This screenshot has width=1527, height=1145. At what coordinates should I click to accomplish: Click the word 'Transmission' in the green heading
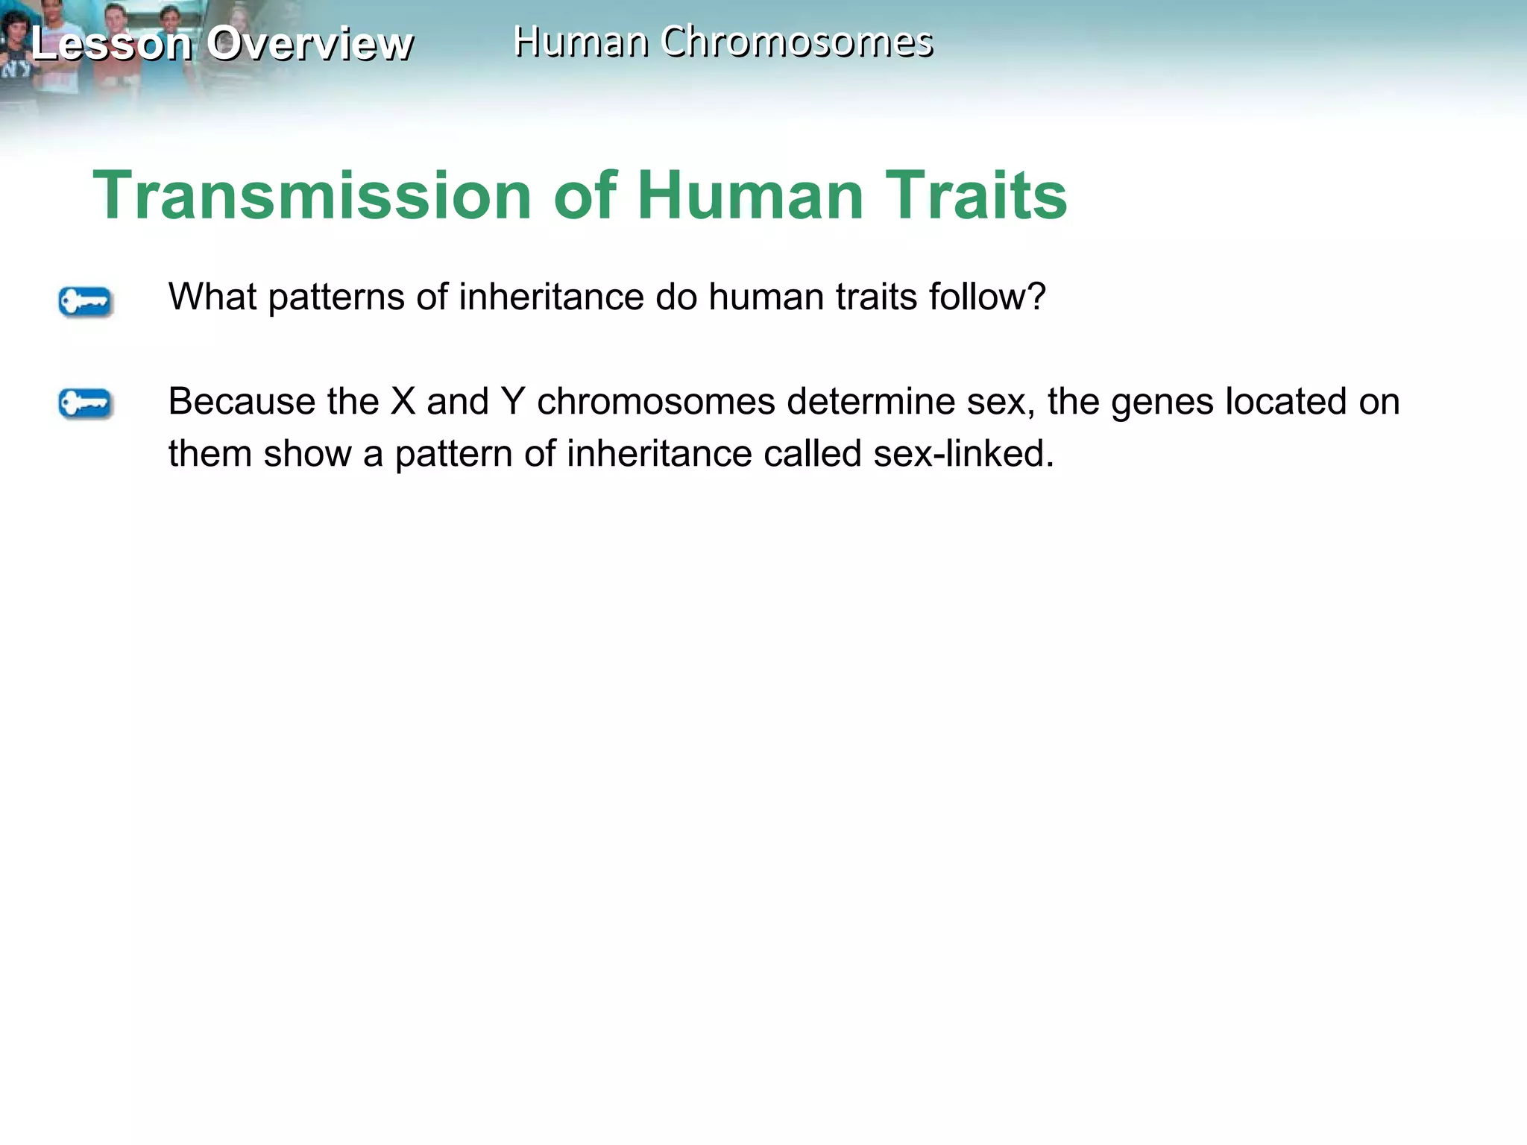[312, 195]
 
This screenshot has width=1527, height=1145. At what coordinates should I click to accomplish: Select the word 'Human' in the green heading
[750, 195]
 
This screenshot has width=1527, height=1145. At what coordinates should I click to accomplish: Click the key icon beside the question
[85, 302]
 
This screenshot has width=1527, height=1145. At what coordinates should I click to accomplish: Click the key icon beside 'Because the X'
[85, 404]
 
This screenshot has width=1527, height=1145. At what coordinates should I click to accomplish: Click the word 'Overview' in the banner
[309, 43]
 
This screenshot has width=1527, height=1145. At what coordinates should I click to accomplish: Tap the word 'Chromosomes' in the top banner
[796, 42]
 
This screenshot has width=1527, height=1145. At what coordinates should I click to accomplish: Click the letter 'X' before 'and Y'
[403, 402]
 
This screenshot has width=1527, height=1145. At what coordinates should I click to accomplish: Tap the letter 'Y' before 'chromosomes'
[513, 402]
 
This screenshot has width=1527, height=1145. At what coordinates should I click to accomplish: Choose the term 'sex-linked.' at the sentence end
[963, 454]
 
